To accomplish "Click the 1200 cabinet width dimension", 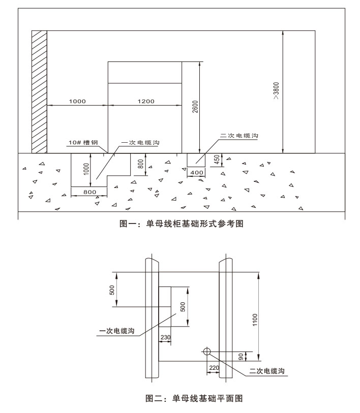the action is coord(146,102).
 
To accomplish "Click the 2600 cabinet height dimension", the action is coord(195,107).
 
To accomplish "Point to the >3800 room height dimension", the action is coord(276,90).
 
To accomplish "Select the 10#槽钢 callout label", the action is coord(83,143).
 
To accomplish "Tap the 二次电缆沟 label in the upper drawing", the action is coord(239,136).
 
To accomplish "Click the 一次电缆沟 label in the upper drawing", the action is coord(140,143).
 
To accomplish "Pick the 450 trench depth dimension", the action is coord(217,160).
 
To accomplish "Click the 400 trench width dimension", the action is coord(197,173).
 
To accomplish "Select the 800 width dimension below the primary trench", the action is coord(89,193).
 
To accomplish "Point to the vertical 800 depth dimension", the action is coord(141,164).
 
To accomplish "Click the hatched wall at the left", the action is coord(39,91).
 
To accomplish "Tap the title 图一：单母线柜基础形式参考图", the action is coord(182,224).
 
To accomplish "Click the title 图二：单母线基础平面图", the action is coord(194,398).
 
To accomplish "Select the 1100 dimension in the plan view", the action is coord(255,320).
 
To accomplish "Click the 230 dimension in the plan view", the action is coord(165,337).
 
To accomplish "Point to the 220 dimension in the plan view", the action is coord(214,368).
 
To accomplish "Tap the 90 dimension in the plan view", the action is coord(241,357).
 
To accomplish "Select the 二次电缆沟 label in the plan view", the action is coord(267,371).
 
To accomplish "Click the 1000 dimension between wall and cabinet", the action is coord(77,102).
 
